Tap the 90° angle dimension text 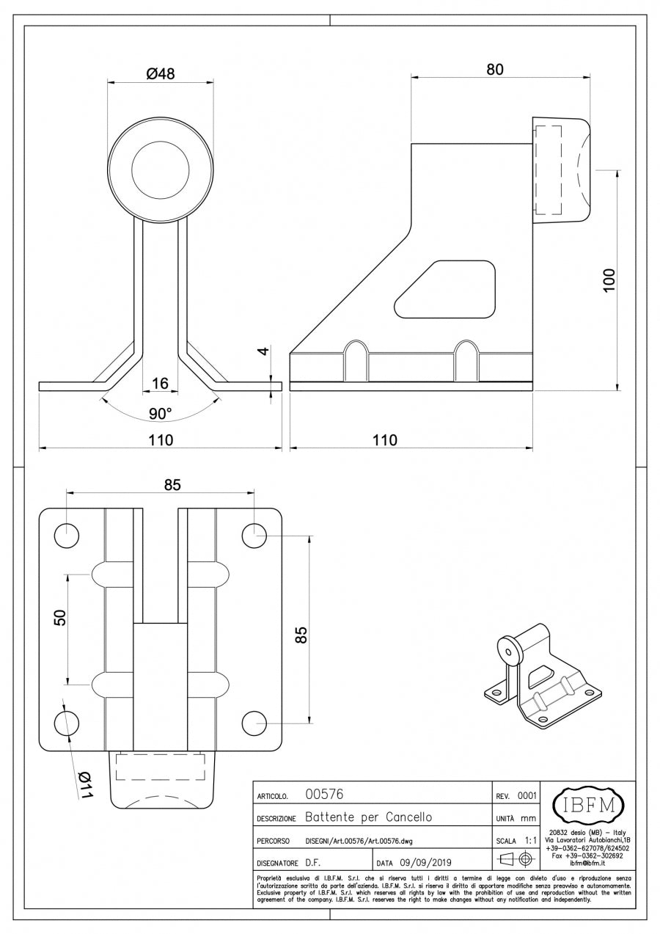click(x=160, y=414)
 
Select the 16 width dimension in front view click(x=160, y=383)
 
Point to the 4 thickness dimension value click(x=265, y=351)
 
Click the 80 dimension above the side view click(x=495, y=69)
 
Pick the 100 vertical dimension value click(x=608, y=280)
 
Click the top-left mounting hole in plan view click(x=67, y=536)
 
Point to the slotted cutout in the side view click(x=446, y=289)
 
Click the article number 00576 click(x=324, y=795)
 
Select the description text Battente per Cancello click(x=368, y=817)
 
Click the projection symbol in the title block click(x=515, y=861)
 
